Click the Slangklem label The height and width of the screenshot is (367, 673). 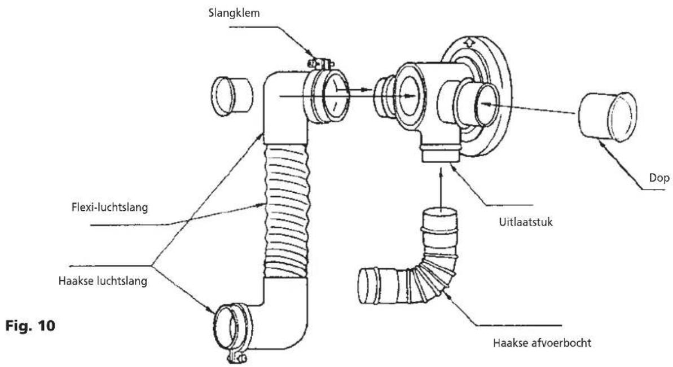[x=234, y=13]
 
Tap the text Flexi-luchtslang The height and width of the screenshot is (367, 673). [x=109, y=207]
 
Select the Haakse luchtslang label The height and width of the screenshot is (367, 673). [x=103, y=281]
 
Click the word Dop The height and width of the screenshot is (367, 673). [x=659, y=178]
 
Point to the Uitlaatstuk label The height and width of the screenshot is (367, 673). [x=526, y=222]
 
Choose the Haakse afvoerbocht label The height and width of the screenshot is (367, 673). [x=542, y=343]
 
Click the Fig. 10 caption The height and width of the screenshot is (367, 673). [x=30, y=326]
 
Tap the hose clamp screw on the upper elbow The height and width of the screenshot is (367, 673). [x=320, y=64]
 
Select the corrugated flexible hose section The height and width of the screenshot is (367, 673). [x=286, y=210]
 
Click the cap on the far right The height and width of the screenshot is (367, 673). [x=608, y=117]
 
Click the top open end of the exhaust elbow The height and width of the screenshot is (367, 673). [x=440, y=213]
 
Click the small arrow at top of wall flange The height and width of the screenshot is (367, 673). [x=470, y=43]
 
